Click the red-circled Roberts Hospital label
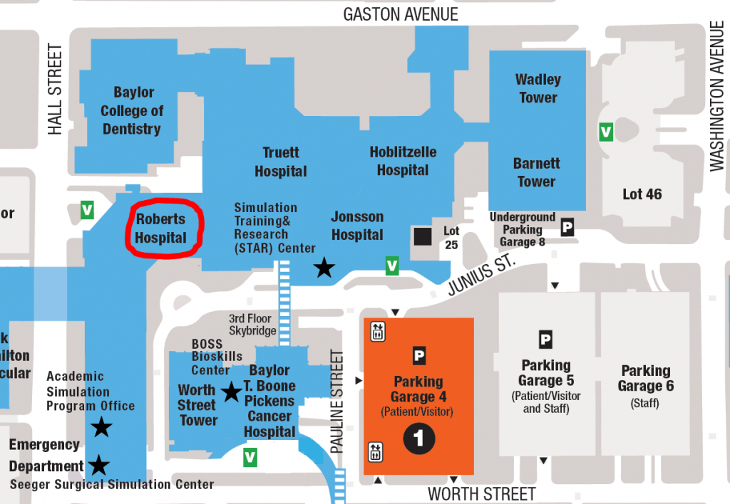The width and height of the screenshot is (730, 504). (161, 229)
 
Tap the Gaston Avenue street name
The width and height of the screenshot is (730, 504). (401, 14)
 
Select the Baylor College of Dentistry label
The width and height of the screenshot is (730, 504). (132, 110)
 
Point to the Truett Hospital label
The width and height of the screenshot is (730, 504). (281, 162)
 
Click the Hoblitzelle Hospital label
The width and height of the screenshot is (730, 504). (403, 161)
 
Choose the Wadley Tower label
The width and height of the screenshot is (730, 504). (538, 88)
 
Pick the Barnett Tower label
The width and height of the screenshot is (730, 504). (536, 172)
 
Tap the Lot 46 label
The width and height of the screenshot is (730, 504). (642, 194)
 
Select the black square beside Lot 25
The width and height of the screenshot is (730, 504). (422, 236)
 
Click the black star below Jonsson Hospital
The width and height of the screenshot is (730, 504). (324, 268)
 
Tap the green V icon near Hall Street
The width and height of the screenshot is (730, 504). (87, 210)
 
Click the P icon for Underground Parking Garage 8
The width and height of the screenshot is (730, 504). (567, 228)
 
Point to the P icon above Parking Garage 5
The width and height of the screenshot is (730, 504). (545, 340)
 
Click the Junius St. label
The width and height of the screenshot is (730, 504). (481, 277)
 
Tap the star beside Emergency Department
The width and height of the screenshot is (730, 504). (98, 466)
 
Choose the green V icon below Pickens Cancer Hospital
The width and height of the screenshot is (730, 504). (250, 457)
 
